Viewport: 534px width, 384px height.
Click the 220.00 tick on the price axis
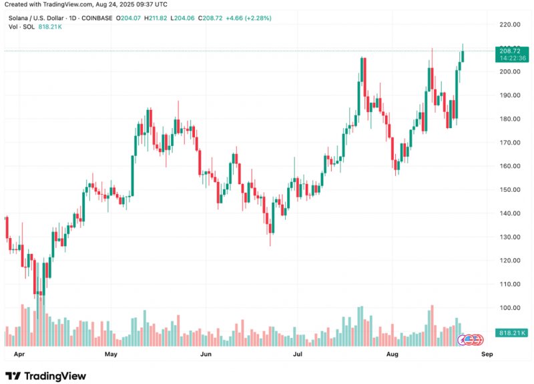(x=509, y=25)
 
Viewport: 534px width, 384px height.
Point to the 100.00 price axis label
(x=509, y=308)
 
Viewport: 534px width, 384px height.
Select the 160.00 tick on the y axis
(x=509, y=166)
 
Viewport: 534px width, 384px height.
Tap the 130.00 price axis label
(x=509, y=237)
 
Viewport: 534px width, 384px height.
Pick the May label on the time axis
(x=111, y=354)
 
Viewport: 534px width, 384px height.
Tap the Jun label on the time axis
(x=206, y=354)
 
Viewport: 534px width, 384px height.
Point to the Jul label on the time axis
(x=298, y=354)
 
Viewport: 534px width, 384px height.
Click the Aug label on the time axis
(x=392, y=354)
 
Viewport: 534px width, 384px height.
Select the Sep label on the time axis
(x=487, y=354)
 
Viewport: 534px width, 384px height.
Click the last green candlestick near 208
(x=463, y=56)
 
